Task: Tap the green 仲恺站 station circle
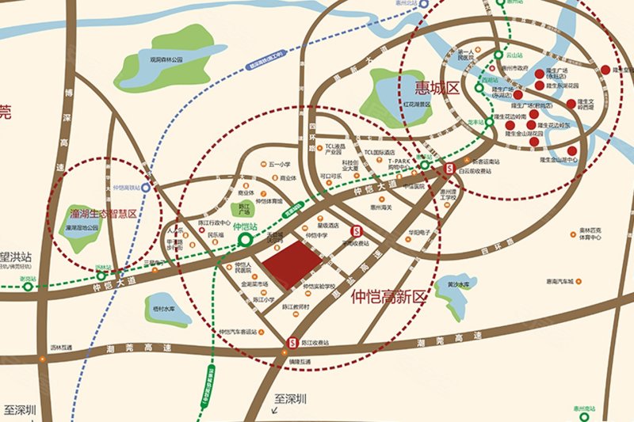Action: tap(246, 238)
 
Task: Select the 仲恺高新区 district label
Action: tap(388, 298)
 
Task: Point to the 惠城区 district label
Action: tap(431, 86)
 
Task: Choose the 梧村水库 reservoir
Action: tap(166, 308)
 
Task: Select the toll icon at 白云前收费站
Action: tap(449, 167)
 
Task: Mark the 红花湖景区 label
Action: tap(414, 104)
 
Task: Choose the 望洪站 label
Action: tap(16, 257)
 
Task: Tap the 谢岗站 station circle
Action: tap(29, 287)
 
